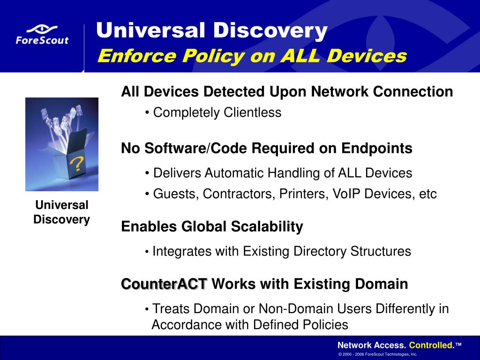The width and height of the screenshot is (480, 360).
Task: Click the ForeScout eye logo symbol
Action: (42, 30)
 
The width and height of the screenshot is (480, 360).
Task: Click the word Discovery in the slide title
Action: (270, 30)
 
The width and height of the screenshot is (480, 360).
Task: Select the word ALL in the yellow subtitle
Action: (300, 56)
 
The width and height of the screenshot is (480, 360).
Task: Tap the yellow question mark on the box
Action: (75, 163)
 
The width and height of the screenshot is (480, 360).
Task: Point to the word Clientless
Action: (252, 112)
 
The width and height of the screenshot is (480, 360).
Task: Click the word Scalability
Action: (267, 227)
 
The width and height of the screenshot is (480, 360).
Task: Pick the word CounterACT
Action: (164, 284)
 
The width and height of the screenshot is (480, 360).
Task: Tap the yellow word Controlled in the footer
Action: (432, 345)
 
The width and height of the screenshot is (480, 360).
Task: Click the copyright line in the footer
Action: (378, 354)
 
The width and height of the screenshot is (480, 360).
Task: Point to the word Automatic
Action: (234, 173)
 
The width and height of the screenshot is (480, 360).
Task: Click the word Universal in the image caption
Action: (62, 205)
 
